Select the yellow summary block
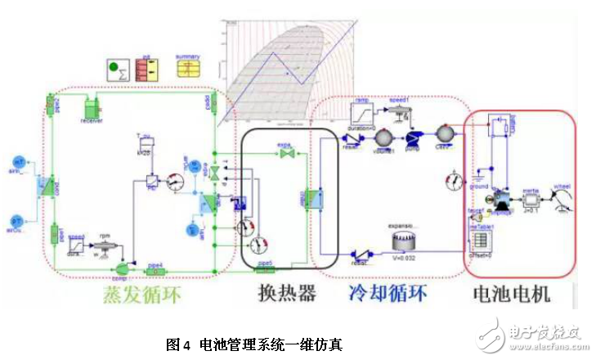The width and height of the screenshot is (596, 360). [x=187, y=68]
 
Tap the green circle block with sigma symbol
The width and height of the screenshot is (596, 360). [x=118, y=70]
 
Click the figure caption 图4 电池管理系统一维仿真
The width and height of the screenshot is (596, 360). [x=253, y=344]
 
